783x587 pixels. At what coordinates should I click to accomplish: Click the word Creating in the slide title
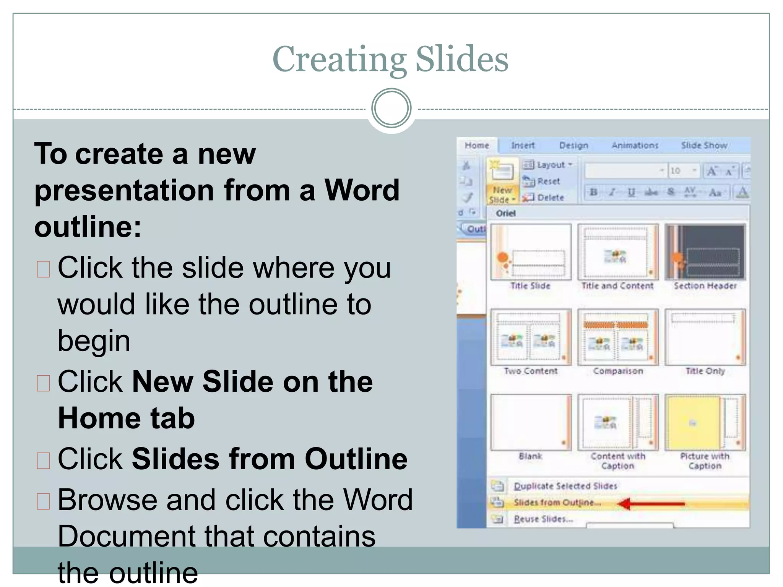click(x=339, y=59)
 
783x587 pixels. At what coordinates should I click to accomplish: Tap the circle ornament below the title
click(x=391, y=108)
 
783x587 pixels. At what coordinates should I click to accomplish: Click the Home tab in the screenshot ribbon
click(x=477, y=146)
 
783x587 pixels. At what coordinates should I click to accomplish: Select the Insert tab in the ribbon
click(x=523, y=146)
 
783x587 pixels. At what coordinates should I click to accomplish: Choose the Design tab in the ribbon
click(x=573, y=146)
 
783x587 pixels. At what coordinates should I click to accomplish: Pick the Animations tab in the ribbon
click(x=635, y=146)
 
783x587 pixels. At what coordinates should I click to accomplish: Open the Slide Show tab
click(x=704, y=146)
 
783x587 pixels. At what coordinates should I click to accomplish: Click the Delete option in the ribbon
click(x=550, y=198)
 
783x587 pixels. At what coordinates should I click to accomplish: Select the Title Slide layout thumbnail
click(x=531, y=252)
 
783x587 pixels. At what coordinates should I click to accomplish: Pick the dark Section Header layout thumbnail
click(x=705, y=252)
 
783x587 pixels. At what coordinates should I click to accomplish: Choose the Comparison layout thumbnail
click(x=618, y=337)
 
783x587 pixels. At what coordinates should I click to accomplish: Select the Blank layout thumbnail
click(x=531, y=422)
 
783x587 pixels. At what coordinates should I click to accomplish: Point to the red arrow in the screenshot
click(x=651, y=504)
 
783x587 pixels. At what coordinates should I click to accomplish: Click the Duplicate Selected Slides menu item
click(x=565, y=486)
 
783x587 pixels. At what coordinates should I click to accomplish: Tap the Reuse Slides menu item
click(x=543, y=519)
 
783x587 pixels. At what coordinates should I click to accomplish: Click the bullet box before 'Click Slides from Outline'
click(x=44, y=461)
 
